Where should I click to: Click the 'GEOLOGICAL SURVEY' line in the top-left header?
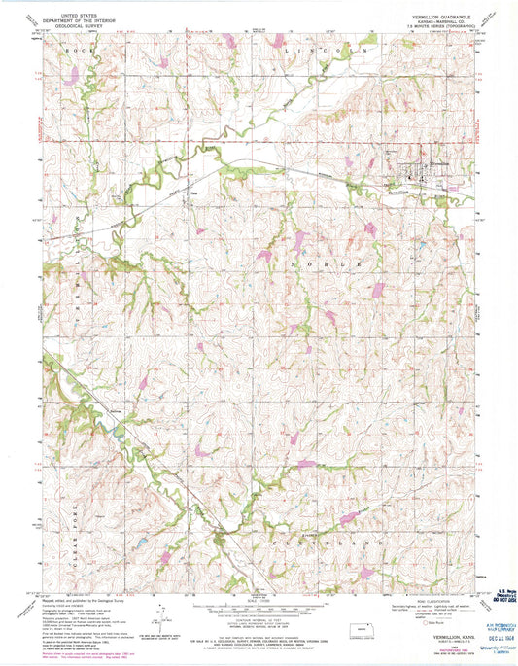(x=86, y=28)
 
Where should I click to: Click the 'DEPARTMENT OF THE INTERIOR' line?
(x=86, y=22)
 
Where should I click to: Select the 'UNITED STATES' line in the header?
(x=86, y=17)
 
